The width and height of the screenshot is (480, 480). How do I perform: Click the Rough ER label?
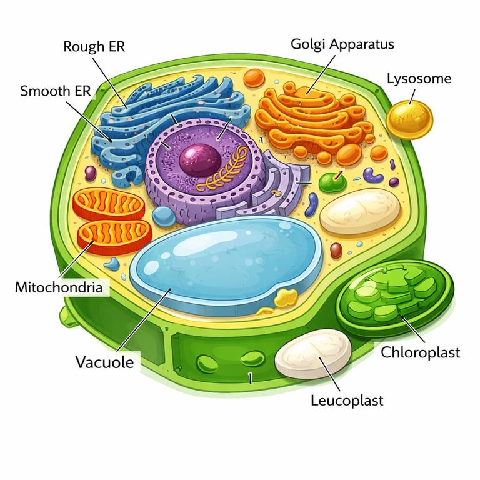tap(93, 47)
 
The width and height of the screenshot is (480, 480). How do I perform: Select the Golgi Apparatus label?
tap(342, 44)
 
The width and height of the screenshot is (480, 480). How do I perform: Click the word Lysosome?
tap(419, 79)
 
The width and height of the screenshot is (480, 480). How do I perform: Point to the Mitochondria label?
tap(59, 288)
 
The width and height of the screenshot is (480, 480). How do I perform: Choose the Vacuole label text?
tap(104, 362)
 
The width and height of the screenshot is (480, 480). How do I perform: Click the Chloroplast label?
tap(421, 352)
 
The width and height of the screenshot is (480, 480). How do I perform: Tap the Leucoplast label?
tap(347, 400)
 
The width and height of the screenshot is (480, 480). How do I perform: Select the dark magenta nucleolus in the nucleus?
tap(199, 160)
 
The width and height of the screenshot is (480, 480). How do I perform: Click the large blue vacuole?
tap(225, 262)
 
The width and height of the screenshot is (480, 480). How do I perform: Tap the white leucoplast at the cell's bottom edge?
tap(314, 354)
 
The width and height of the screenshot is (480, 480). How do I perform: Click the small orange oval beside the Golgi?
tap(254, 78)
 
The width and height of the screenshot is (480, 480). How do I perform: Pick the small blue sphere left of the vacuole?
tap(164, 216)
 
